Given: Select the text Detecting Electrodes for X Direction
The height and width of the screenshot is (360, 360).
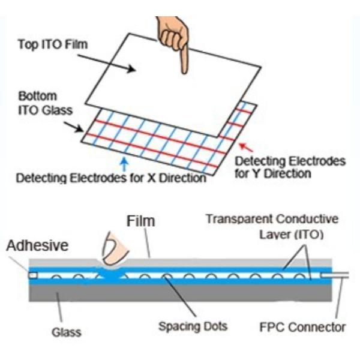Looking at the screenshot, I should pos(111,178).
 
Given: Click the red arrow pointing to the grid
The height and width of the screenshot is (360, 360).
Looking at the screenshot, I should pos(245,146).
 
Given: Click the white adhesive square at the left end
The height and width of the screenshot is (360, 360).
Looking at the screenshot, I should pos(32,275).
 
